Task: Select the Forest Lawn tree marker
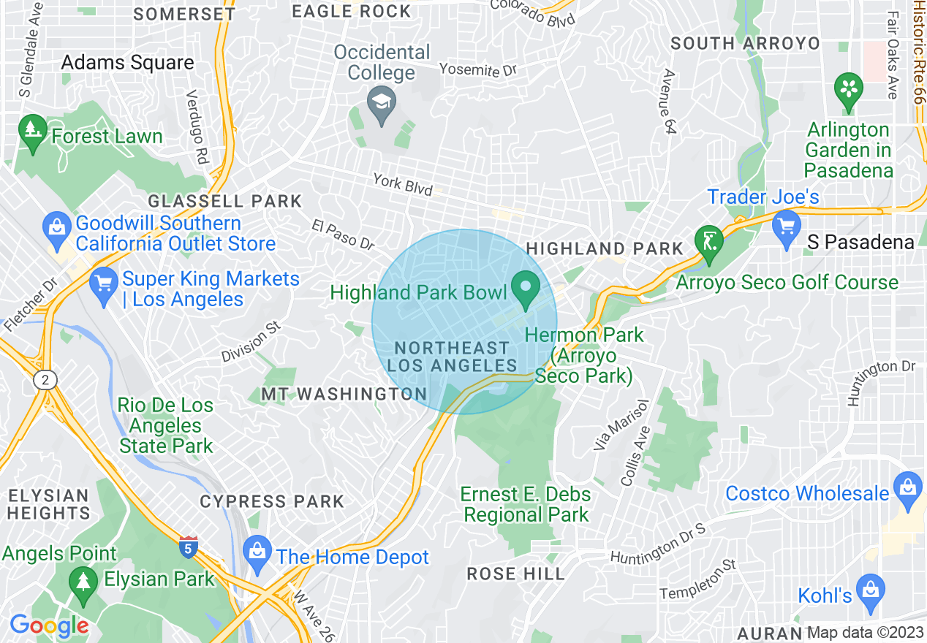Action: click(32, 132)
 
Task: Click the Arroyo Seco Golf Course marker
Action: click(708, 241)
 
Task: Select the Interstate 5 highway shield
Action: click(188, 547)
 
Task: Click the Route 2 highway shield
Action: click(45, 380)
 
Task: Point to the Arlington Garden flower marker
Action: click(848, 89)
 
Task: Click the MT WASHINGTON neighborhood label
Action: click(344, 395)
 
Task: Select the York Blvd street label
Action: click(402, 183)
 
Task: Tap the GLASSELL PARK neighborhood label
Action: click(224, 201)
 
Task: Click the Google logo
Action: click(49, 625)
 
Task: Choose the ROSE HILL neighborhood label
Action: click(516, 574)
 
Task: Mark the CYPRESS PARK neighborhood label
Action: click(272, 502)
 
